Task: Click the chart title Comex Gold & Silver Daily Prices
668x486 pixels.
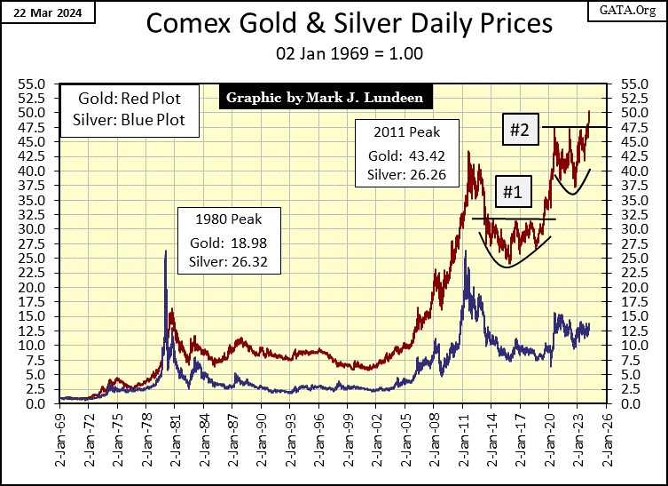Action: tap(334, 24)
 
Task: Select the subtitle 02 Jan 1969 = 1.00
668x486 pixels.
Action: tap(334, 53)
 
